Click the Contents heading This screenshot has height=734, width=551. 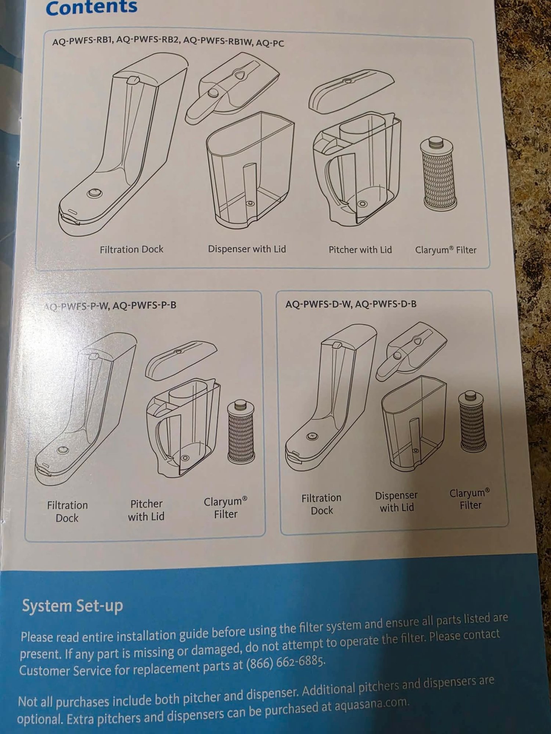click(91, 8)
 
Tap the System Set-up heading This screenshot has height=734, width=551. click(72, 606)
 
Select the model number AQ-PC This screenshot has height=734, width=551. click(270, 43)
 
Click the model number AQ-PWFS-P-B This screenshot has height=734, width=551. click(144, 305)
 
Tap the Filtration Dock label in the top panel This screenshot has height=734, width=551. click(132, 250)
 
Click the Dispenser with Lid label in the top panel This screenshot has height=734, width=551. click(247, 249)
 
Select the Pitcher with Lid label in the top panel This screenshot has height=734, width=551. click(360, 250)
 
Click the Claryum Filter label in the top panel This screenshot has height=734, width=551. click(446, 250)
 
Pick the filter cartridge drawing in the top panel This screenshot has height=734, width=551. click(439, 174)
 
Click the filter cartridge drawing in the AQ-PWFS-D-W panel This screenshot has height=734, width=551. click(472, 421)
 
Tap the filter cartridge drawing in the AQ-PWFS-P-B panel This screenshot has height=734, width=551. click(241, 432)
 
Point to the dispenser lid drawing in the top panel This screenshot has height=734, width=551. click(232, 87)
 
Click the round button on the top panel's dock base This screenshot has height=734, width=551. click(94, 193)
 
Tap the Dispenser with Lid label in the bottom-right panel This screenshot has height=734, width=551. click(396, 501)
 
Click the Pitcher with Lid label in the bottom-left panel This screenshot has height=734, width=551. click(146, 510)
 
